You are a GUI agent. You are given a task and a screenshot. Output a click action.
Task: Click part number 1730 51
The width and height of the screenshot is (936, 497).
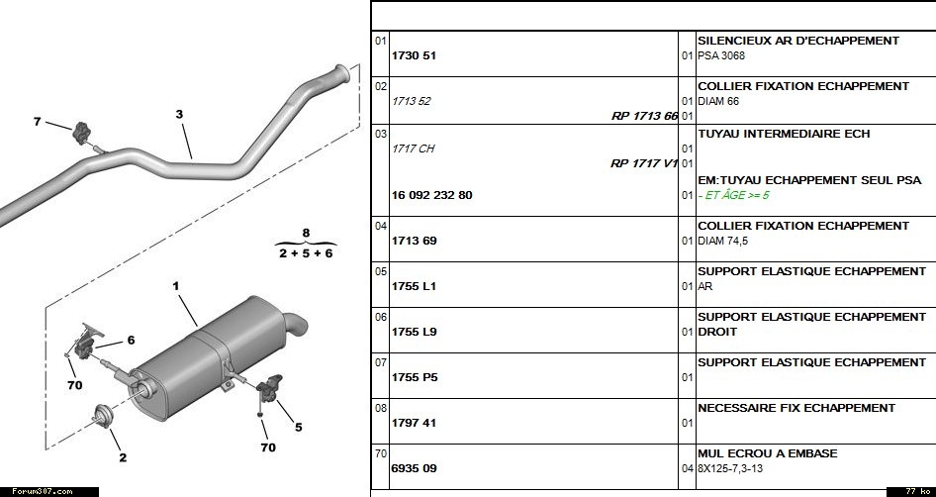pos(415,55)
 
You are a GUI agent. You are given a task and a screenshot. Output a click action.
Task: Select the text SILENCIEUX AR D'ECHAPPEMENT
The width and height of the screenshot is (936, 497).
pos(797,41)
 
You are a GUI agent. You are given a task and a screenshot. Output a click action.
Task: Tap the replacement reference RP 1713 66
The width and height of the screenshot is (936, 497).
pos(644,116)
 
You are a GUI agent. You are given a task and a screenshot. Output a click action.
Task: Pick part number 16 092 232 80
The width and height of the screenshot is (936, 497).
pos(432,195)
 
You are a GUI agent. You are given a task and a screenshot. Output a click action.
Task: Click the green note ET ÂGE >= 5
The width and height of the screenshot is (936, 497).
pos(735,195)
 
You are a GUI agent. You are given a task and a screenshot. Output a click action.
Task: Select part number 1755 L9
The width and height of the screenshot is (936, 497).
pos(415,332)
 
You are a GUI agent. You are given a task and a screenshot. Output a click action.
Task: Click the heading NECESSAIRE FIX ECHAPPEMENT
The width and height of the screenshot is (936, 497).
pos(796,408)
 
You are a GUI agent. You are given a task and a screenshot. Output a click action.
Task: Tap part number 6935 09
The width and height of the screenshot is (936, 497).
pos(415,468)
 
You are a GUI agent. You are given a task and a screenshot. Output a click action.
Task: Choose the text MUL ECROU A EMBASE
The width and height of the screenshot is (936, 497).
pos(767,453)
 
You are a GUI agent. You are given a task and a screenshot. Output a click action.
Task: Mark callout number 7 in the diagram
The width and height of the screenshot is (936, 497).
pos(38,122)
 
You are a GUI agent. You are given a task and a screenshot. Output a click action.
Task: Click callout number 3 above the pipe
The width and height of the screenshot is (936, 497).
pos(179,115)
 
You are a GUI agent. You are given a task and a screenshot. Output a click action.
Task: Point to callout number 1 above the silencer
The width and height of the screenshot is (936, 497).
pos(176,286)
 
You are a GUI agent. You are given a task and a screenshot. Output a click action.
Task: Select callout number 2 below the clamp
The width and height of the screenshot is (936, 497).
pos(123,457)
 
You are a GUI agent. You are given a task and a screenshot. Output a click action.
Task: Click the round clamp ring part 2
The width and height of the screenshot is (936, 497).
pos(101,415)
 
